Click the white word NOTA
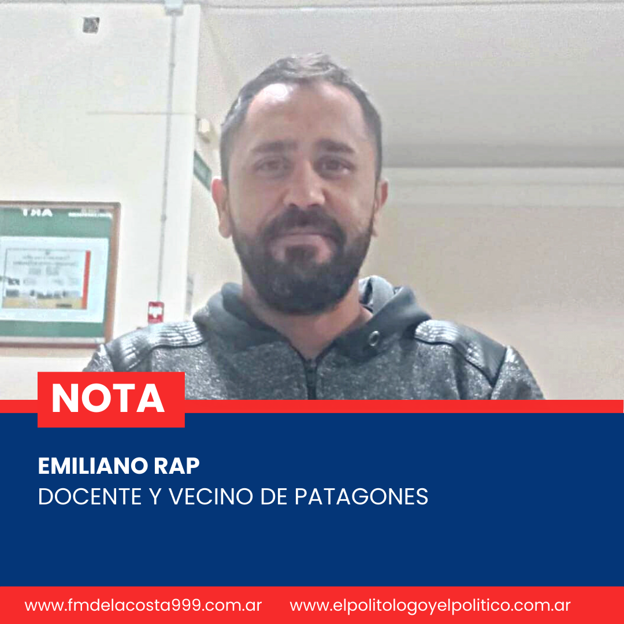point(108,398)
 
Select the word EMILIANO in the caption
point(93,466)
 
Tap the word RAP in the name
point(177,466)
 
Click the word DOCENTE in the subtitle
point(90,496)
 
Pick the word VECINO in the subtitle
point(210,496)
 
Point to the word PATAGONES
point(361,496)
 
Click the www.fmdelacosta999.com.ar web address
point(143,606)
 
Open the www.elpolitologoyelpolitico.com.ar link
point(430,606)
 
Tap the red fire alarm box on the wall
point(155,312)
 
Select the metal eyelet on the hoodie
point(373,339)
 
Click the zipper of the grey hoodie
point(311,376)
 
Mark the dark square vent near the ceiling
point(91,25)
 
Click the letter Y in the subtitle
point(155,496)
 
